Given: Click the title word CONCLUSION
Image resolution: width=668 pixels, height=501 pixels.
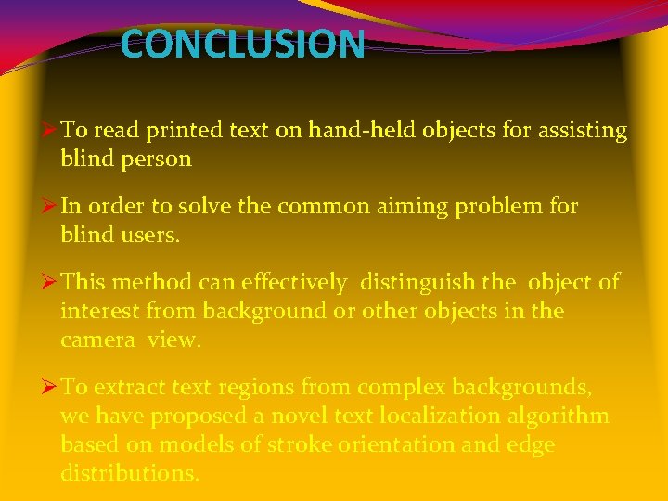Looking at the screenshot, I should point(242,45).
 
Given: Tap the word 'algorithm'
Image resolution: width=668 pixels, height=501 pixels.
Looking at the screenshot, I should point(563,416).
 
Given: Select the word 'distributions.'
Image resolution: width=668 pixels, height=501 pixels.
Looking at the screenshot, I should point(129,473).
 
